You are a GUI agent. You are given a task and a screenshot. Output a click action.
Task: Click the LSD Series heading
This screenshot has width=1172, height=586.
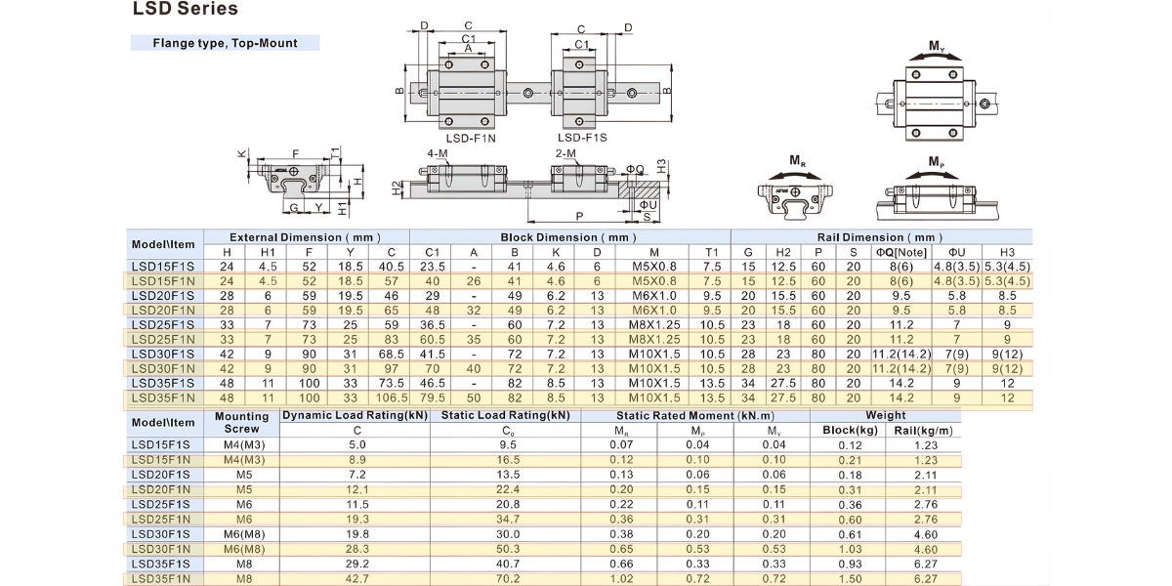[186, 9]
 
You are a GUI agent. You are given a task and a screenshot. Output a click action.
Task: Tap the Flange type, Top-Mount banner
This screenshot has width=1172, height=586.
[225, 43]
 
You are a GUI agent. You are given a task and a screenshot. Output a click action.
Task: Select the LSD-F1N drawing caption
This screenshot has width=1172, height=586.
[471, 138]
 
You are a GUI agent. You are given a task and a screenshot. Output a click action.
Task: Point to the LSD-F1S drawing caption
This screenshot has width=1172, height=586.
[582, 138]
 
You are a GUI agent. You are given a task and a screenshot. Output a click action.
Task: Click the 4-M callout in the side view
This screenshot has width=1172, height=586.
[438, 153]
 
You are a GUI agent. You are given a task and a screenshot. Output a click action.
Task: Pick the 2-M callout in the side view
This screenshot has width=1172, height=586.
[565, 153]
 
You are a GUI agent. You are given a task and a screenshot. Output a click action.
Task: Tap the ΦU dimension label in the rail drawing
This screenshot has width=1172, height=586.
[649, 205]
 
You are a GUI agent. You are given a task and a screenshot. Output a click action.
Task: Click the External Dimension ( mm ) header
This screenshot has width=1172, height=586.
[305, 237]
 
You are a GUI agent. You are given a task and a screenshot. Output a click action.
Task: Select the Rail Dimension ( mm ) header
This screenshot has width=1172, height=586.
[880, 237]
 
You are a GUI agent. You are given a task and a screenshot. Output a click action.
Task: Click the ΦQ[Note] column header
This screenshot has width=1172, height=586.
[901, 252]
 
